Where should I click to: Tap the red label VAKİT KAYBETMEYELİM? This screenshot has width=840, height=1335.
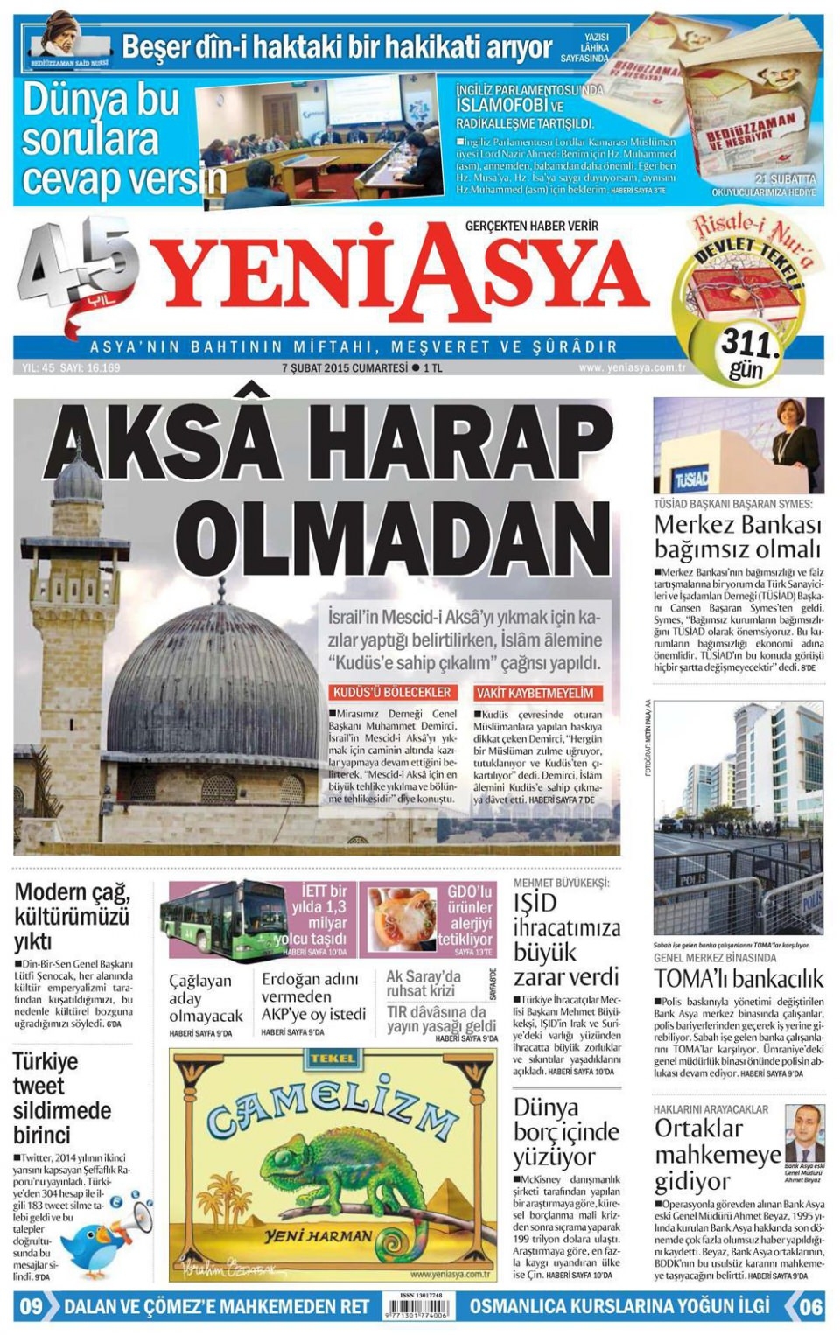[535, 693]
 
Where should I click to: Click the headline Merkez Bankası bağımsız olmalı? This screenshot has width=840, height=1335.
[738, 536]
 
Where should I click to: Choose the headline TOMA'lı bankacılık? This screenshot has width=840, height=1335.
[738, 978]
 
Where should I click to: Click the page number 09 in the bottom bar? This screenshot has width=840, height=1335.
[31, 1306]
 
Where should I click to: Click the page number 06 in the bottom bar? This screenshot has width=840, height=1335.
[810, 1306]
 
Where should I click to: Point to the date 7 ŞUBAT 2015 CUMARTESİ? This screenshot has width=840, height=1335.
[345, 368]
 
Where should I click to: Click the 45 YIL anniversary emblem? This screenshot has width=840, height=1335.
[79, 262]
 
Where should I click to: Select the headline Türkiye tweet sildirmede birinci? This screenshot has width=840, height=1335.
[61, 1098]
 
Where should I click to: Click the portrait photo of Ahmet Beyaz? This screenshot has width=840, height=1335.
[802, 1133]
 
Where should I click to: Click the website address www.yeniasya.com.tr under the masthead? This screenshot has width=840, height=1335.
[631, 368]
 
